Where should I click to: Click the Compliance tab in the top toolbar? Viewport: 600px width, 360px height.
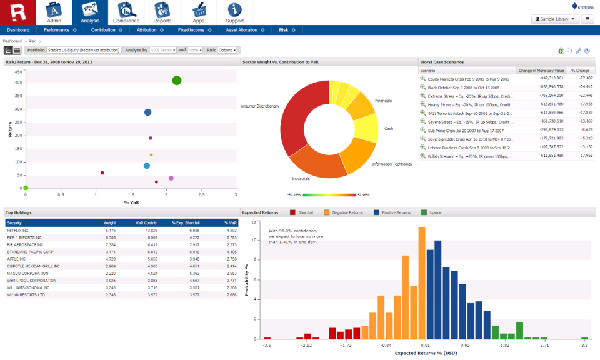tap(126, 12)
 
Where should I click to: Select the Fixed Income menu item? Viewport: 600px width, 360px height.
tap(191, 29)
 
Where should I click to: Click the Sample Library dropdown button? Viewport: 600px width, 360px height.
tap(554, 19)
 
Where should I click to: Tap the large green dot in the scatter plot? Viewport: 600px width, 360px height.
tap(177, 80)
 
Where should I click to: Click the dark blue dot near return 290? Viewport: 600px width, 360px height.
tap(148, 112)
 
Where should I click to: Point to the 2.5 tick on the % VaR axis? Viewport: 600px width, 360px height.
tap(201, 194)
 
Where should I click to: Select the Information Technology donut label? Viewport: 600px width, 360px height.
tap(392, 164)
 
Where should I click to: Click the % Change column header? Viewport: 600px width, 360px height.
tap(580, 71)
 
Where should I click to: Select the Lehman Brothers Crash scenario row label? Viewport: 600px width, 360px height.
tap(467, 147)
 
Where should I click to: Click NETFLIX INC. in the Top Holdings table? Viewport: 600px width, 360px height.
tap(18, 231)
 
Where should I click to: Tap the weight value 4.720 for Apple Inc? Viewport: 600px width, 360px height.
tap(110, 258)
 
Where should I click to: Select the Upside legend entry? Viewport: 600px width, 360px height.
tap(435, 212)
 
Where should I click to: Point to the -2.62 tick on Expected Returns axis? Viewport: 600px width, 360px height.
tap(306, 344)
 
